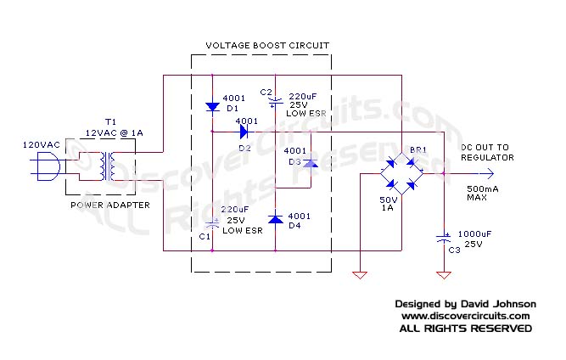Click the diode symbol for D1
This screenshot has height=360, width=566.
pyautogui.click(x=212, y=108)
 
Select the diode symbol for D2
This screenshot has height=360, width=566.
pyautogui.click(x=245, y=132)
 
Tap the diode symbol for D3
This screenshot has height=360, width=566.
pyautogui.click(x=310, y=162)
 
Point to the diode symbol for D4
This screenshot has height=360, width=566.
pyautogui.click(x=276, y=219)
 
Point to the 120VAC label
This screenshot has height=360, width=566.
pyautogui.click(x=41, y=145)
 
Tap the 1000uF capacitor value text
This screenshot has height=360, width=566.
pyautogui.click(x=474, y=233)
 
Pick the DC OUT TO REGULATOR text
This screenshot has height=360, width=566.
pyautogui.click(x=487, y=152)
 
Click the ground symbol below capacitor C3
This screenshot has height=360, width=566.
pyautogui.click(x=442, y=274)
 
